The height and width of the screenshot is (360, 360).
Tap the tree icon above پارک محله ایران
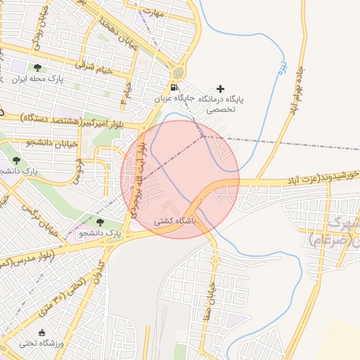pos(37,69)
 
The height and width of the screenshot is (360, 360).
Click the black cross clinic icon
pos(221,89)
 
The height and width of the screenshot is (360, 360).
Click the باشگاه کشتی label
pos(177,221)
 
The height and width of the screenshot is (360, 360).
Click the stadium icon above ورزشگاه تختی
pos(41,332)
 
